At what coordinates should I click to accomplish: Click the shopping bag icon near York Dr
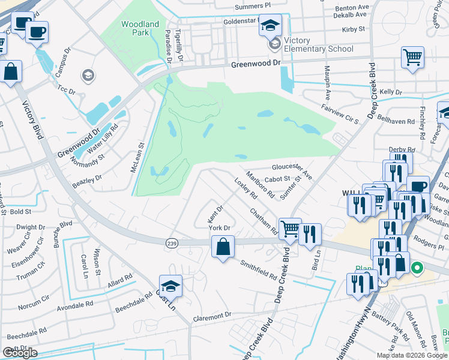pyautogui.click(x=223, y=247)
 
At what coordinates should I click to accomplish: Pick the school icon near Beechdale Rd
pyautogui.click(x=170, y=286)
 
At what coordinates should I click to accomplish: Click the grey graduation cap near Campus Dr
pyautogui.click(x=88, y=75)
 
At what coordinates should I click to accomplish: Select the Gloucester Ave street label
pyautogui.click(x=292, y=171)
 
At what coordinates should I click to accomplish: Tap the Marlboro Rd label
pyautogui.click(x=262, y=186)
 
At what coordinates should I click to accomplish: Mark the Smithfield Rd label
pyautogui.click(x=259, y=270)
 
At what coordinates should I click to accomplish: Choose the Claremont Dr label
pyautogui.click(x=211, y=316)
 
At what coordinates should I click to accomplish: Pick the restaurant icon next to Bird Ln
pyautogui.click(x=310, y=233)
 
